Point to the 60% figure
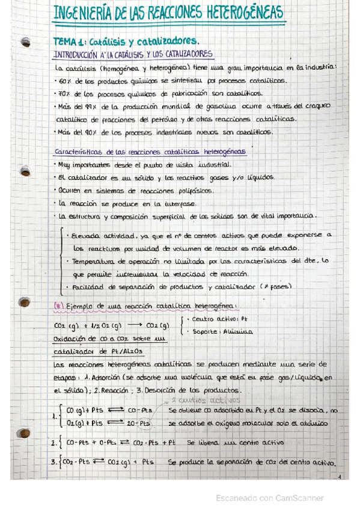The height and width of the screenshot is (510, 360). click(x=66, y=80)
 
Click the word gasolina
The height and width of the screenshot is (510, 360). click(x=219, y=106)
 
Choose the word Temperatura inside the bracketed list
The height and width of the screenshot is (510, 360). click(x=96, y=262)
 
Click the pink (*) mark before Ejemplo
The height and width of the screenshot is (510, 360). click(x=58, y=305)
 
